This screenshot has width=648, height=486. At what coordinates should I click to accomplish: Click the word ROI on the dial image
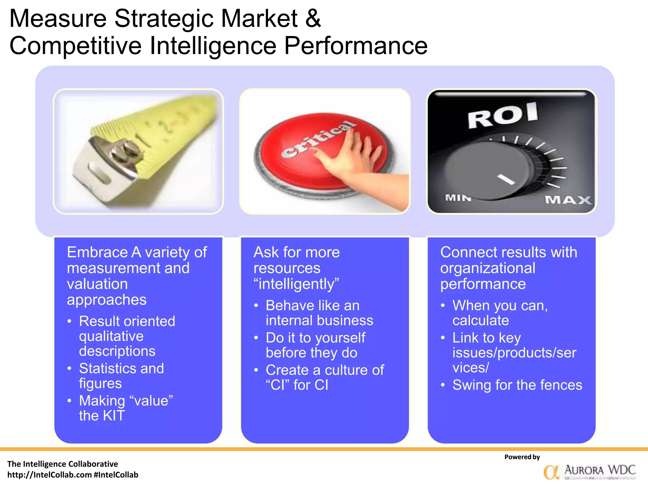(503, 115)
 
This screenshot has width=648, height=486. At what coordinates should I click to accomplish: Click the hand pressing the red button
(354, 158)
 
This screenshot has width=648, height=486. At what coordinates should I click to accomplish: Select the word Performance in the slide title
(356, 46)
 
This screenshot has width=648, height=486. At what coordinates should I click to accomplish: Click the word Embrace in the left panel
(97, 252)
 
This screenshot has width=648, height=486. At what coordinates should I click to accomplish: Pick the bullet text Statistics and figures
(121, 376)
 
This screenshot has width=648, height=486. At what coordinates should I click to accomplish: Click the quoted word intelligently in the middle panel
(296, 284)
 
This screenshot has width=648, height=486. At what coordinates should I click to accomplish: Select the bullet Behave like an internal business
(319, 313)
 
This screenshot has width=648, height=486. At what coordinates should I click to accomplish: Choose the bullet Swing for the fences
(517, 385)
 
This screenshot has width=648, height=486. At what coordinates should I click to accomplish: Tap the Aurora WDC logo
(590, 472)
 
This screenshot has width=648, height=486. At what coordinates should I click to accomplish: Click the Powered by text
(522, 457)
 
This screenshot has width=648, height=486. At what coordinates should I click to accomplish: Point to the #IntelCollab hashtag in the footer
(116, 475)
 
